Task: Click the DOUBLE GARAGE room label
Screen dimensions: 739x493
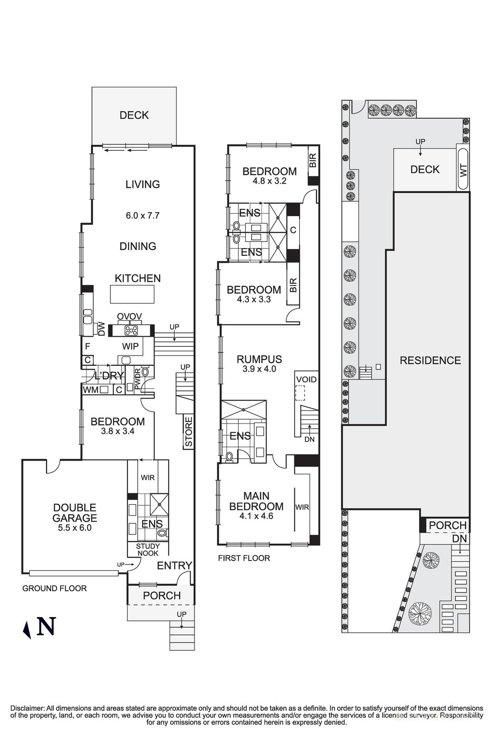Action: click(74, 513)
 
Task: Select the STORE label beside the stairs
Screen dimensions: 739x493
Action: click(189, 432)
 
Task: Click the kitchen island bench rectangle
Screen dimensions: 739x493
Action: click(132, 294)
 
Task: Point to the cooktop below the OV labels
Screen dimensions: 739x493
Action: click(131, 330)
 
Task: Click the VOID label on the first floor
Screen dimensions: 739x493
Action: click(306, 380)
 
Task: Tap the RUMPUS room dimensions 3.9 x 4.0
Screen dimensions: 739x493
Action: click(259, 369)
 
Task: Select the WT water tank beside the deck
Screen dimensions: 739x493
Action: click(463, 170)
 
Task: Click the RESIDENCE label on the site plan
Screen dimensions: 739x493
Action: click(430, 360)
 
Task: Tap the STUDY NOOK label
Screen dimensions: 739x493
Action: click(147, 550)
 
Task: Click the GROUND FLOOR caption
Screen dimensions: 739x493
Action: click(55, 588)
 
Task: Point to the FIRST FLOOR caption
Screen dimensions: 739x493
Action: click(244, 558)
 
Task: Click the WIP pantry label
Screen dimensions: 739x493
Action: click(130, 346)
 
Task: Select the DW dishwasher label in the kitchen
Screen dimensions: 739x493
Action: click(102, 328)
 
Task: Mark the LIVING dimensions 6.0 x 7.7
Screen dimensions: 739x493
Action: click(143, 215)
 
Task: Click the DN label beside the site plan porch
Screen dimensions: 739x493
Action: click(459, 539)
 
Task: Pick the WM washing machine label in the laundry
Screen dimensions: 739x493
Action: click(90, 390)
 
